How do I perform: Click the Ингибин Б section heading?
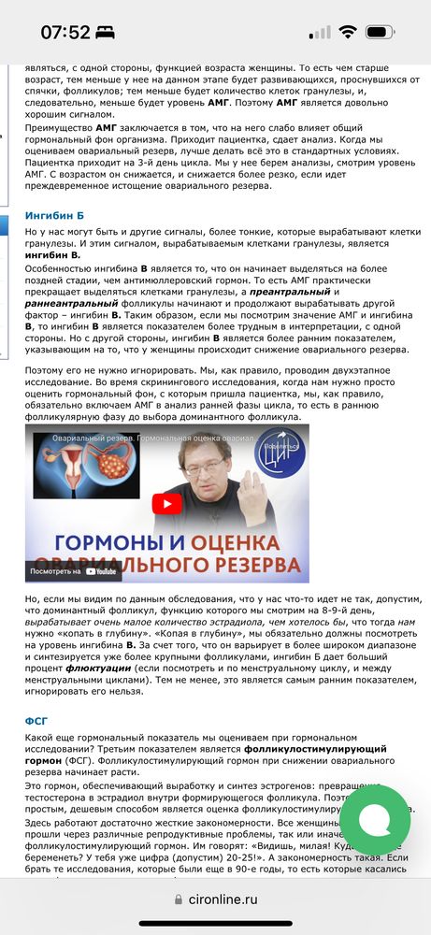pos(53,216)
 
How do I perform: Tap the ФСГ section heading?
pos(36,721)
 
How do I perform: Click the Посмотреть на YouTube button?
pos(75,568)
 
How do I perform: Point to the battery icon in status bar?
pos(380,32)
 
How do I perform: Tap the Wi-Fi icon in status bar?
pos(348,32)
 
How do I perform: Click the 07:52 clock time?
pos(65,32)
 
